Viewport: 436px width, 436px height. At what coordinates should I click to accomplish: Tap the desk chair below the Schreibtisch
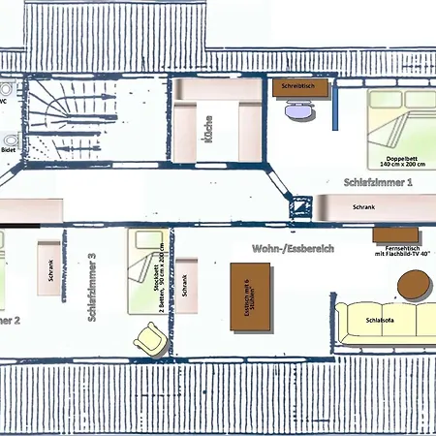[x=296, y=109]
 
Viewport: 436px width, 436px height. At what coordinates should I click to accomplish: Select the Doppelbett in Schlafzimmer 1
[x=399, y=131]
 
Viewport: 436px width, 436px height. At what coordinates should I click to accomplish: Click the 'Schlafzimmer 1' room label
[x=377, y=181]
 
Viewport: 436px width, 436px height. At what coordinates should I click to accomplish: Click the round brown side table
[x=415, y=286]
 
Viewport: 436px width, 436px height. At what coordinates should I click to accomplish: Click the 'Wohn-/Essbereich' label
[x=293, y=249]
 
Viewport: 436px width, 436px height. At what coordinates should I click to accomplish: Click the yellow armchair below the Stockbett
[x=150, y=337]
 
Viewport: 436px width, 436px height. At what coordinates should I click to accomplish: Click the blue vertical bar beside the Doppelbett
[x=334, y=107]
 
